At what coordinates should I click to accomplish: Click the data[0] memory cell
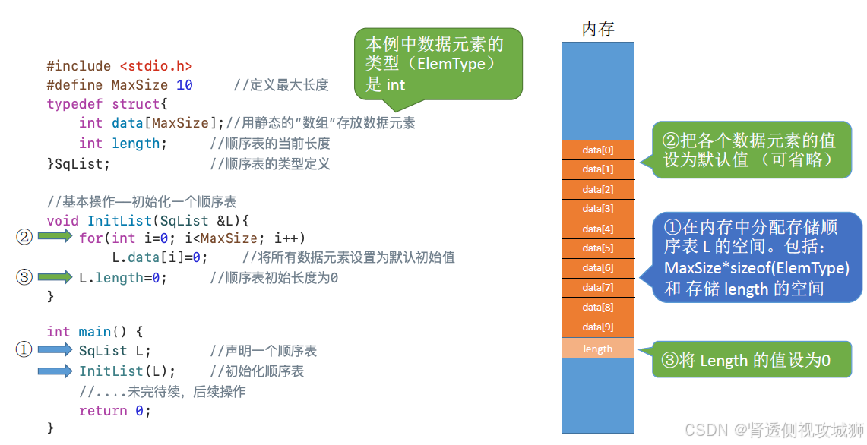click(597, 150)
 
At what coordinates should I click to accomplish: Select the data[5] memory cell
click(597, 248)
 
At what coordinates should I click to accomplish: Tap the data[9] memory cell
click(597, 327)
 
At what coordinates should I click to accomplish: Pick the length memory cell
click(597, 349)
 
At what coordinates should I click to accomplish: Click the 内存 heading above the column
click(597, 30)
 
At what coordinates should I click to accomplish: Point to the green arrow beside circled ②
click(55, 238)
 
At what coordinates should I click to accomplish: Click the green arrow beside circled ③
click(55, 278)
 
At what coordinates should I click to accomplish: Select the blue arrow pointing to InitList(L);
click(55, 371)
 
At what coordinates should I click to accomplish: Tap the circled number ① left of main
click(24, 350)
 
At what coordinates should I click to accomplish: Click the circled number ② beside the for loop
click(24, 238)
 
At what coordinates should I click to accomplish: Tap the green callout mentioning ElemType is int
click(438, 64)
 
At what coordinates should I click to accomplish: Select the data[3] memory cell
click(597, 209)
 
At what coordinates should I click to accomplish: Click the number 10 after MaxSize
click(185, 85)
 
